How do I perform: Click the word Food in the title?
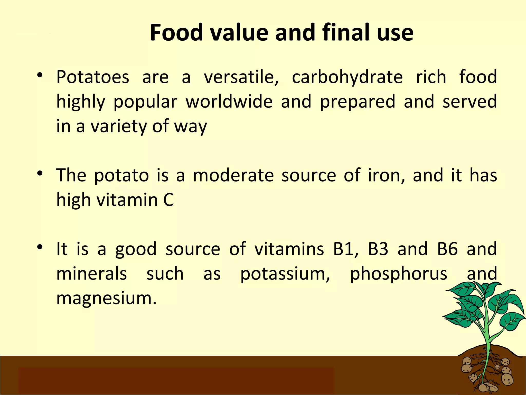pyautogui.click(x=176, y=33)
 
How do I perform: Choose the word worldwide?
pyautogui.click(x=229, y=102)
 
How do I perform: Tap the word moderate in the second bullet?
pyautogui.click(x=233, y=175)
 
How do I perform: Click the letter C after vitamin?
pyautogui.click(x=168, y=200)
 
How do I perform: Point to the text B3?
pyautogui.click(x=378, y=249)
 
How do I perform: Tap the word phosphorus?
pyautogui.click(x=399, y=274)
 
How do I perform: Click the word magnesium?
pyautogui.click(x=106, y=298)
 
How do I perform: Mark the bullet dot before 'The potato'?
pyautogui.click(x=40, y=174)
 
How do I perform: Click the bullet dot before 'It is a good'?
pyautogui.click(x=40, y=247)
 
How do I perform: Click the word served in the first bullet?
pyautogui.click(x=470, y=102)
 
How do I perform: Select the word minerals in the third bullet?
pyautogui.click(x=91, y=274)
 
